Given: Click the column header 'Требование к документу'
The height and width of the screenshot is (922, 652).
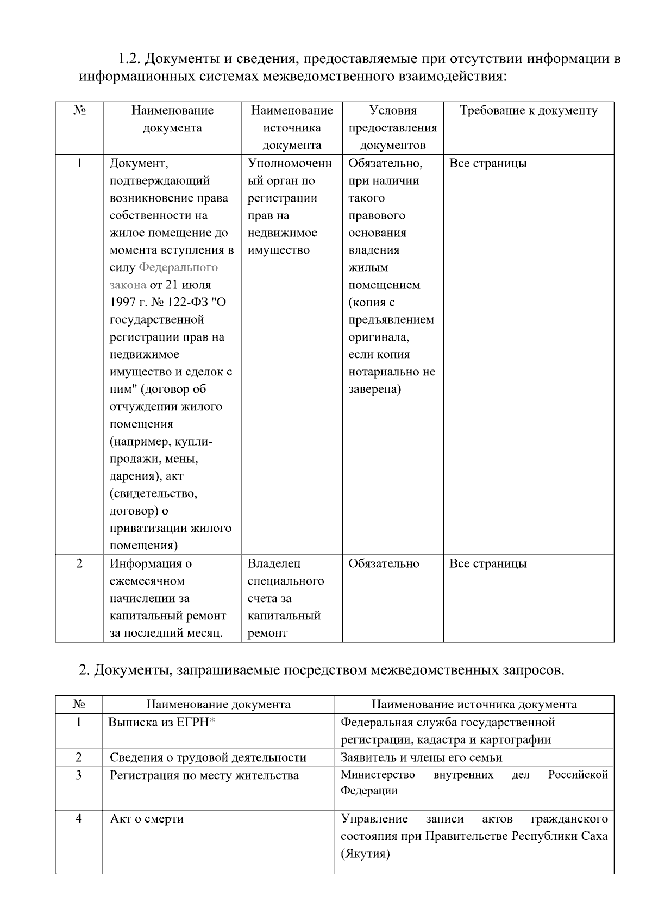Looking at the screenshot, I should click(x=528, y=111).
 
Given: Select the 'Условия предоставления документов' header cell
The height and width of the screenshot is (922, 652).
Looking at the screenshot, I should click(x=392, y=128).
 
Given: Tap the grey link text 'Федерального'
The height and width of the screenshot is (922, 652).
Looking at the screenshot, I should click(x=178, y=267).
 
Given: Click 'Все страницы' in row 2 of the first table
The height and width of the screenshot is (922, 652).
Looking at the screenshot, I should click(x=487, y=563).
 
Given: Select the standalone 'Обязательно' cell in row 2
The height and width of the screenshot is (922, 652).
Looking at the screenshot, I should click(x=384, y=563).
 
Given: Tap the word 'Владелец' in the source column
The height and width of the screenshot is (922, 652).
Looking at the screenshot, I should click(x=273, y=563).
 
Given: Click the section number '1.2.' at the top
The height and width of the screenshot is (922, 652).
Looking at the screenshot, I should click(x=130, y=58).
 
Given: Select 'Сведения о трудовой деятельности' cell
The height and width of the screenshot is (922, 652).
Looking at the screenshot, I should click(x=208, y=757).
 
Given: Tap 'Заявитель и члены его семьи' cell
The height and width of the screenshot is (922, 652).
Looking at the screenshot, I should click(x=421, y=757).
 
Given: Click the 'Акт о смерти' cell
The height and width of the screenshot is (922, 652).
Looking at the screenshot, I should click(x=147, y=819).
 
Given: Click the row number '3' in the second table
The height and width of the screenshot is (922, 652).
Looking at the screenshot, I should click(x=79, y=775).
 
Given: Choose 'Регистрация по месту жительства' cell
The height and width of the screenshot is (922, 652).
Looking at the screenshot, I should click(x=204, y=775).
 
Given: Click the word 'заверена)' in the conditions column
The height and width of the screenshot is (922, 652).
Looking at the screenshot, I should click(x=374, y=389).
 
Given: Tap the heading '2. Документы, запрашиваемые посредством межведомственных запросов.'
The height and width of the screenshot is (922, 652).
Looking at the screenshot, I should click(x=322, y=670).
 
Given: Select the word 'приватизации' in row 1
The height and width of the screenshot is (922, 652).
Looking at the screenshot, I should click(x=143, y=528).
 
